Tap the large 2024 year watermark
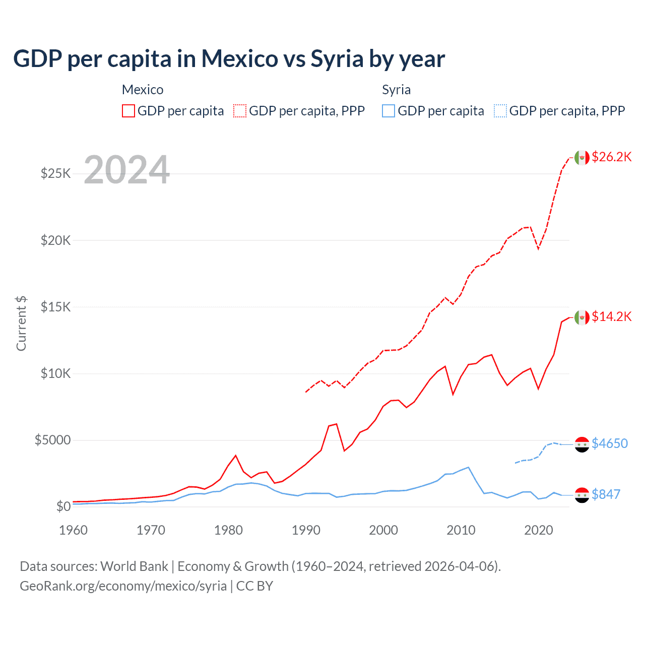[x=127, y=170]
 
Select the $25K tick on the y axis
[x=55, y=174]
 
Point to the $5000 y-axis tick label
[x=52, y=440]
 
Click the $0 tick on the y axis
[x=63, y=506]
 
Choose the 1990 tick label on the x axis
[x=306, y=530]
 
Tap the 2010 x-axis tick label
[x=461, y=530]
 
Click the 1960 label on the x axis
[x=74, y=530]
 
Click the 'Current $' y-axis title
[x=21, y=324]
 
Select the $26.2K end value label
[x=611, y=157]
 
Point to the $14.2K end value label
[x=611, y=316]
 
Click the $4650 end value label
[x=609, y=443]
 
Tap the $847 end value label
[x=606, y=494]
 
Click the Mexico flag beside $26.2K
[x=582, y=157]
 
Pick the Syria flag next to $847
[x=582, y=495]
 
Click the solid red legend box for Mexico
[x=128, y=111]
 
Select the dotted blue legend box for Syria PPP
[x=500, y=111]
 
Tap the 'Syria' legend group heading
[x=396, y=90]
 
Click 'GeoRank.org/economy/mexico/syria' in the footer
[x=123, y=586]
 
